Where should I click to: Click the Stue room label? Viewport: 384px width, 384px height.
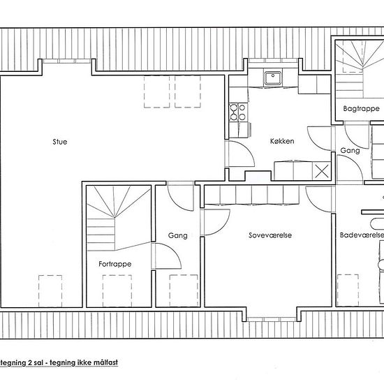[x=60, y=142]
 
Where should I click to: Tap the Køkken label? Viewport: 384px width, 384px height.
[x=282, y=141]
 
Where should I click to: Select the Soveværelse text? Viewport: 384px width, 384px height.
[x=270, y=235]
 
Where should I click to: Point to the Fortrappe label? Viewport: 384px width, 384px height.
[x=115, y=264]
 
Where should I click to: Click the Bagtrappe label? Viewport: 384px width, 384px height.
[x=361, y=108]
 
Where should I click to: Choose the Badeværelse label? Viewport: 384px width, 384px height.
[x=362, y=235]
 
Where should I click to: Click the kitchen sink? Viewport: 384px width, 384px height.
[x=273, y=77]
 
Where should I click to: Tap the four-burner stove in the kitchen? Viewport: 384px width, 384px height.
[x=238, y=112]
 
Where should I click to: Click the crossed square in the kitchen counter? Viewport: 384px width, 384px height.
[x=322, y=171]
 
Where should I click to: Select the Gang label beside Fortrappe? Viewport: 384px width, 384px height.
[x=178, y=235]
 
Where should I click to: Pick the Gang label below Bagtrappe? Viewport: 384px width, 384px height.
[x=350, y=150]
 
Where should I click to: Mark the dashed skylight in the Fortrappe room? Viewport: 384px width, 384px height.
[x=117, y=290]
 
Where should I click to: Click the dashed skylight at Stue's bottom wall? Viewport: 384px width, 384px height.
[x=50, y=291]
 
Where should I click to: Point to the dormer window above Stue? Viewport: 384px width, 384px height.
[x=67, y=61]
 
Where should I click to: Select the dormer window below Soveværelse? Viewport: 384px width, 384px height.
[x=272, y=319]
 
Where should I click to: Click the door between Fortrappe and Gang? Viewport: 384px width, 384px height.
[x=166, y=256]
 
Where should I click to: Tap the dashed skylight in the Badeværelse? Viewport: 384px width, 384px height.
[x=348, y=290]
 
